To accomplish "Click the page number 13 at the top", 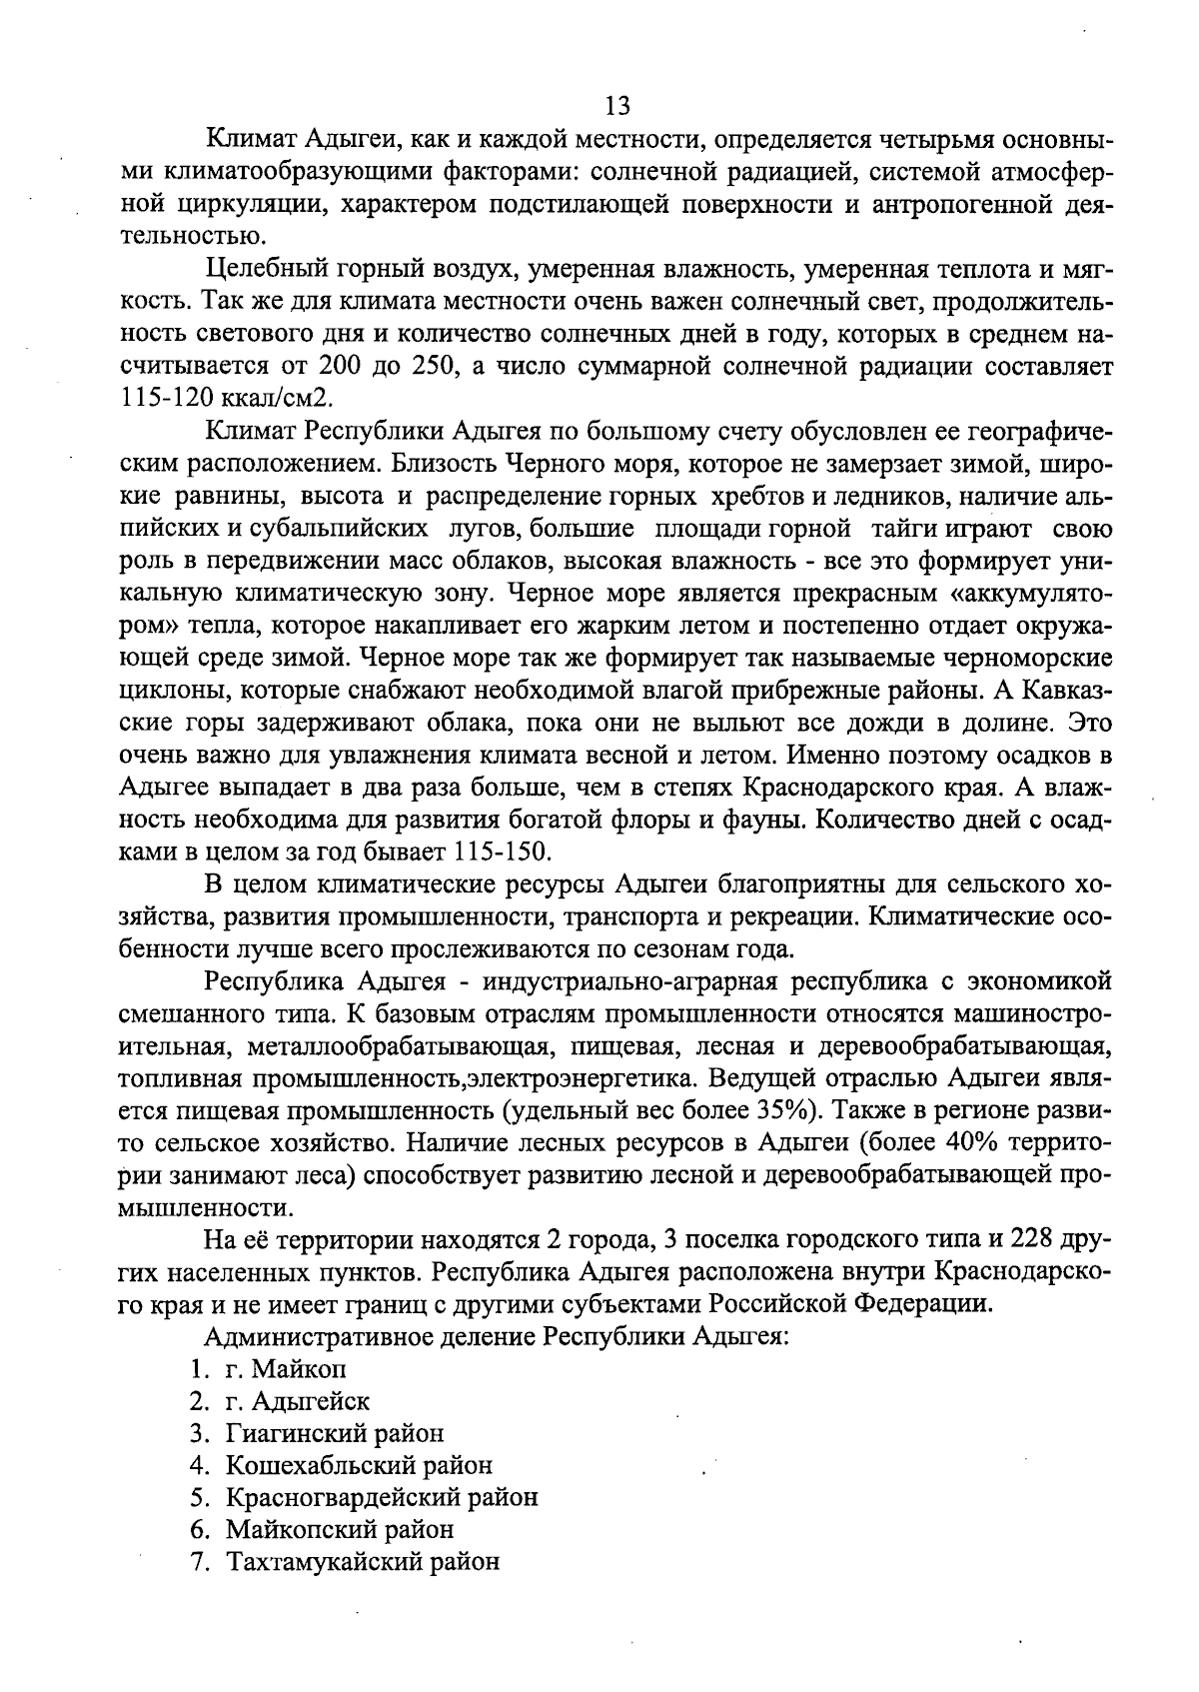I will pos(616,106).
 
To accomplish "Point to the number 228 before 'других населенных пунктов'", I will pos(1039,1240).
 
